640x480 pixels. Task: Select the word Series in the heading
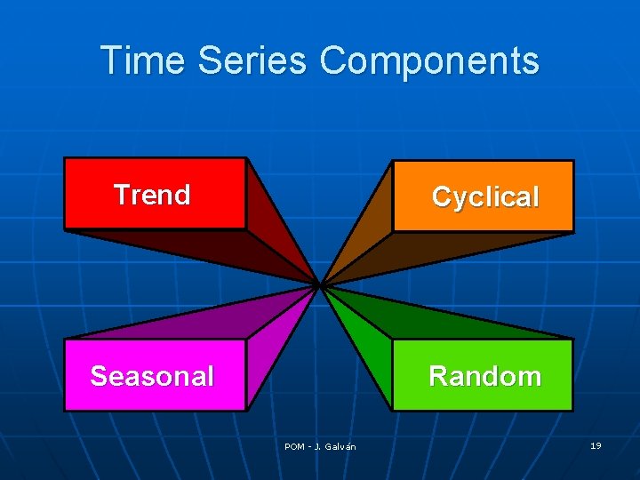click(x=252, y=60)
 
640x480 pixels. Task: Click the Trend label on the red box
click(x=152, y=195)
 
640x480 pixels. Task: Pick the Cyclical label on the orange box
click(x=484, y=197)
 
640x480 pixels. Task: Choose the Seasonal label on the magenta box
click(x=152, y=376)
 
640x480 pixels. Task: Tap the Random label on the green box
click(x=484, y=376)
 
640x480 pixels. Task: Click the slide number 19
click(x=596, y=445)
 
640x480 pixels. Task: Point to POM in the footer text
click(x=294, y=446)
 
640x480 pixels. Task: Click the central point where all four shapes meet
click(x=319, y=285)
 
